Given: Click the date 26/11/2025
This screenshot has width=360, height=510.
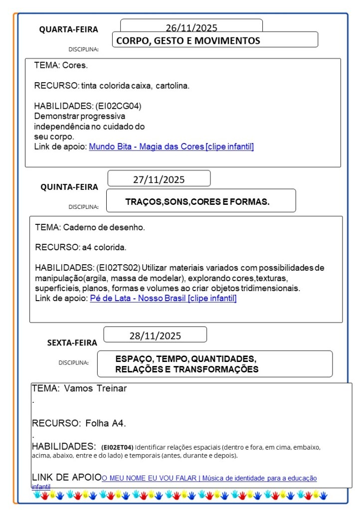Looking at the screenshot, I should tap(191, 28).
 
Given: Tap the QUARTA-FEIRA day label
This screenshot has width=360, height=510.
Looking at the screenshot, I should tap(69, 29).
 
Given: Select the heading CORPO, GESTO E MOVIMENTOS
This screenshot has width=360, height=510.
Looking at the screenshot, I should tap(188, 41).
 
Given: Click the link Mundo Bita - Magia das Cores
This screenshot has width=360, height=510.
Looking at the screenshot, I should tap(171, 147).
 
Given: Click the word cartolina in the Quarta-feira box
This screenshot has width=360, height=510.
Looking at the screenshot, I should tap(173, 86).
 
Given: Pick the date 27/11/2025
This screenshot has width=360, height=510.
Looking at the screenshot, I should tap(159, 179).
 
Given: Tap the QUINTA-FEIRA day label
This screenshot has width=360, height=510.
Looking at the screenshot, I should tap(69, 187).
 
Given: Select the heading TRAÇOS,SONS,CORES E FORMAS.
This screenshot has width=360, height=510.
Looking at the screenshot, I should tap(197, 202).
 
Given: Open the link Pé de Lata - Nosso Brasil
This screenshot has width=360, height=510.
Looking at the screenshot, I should tap(163, 298).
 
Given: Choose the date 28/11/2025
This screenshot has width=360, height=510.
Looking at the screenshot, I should tap(155, 336).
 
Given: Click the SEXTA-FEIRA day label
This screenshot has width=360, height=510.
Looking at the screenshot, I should tap(72, 342).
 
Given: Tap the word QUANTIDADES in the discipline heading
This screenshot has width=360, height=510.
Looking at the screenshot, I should tap(224, 359).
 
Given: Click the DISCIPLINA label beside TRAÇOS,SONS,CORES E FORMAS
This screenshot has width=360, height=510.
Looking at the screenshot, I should tap(84, 206).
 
